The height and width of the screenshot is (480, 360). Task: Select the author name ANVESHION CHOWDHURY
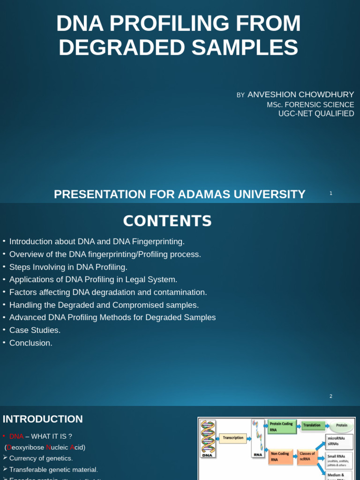pos(300,95)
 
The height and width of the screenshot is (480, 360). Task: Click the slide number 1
pos(331,193)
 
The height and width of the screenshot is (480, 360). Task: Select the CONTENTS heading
pos(167,221)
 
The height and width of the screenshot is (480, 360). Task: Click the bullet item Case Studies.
pos(35,330)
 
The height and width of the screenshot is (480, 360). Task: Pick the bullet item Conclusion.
pos(30,343)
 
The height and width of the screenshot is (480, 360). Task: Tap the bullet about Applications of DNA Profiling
pos(93,279)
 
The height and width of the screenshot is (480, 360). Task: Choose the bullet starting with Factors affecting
pos(108,292)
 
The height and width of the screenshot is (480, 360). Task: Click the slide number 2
pos(331,396)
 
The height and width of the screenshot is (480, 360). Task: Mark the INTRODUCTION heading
pos(43,419)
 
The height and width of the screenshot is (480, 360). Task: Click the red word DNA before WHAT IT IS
pos(16,436)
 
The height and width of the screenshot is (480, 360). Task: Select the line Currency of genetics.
pos(41,458)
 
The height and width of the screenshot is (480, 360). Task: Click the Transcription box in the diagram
pos(233,438)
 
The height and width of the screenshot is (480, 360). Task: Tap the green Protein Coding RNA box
pos(281,427)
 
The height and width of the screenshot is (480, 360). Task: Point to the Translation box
pos(312,426)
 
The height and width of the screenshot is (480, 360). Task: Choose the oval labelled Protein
pos(342,426)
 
